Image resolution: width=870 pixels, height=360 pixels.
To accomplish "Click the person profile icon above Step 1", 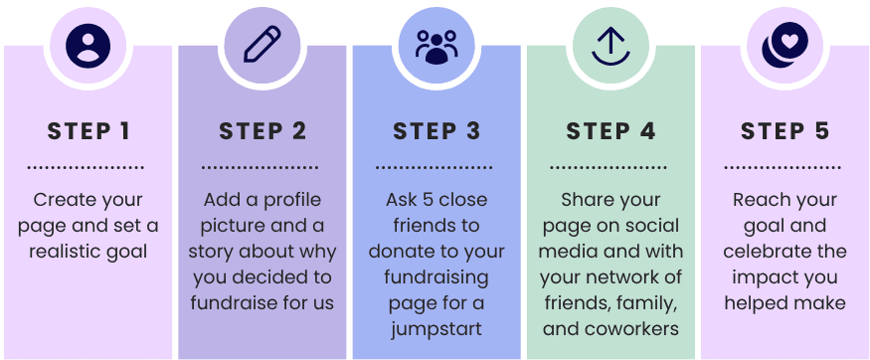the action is coord(87,46).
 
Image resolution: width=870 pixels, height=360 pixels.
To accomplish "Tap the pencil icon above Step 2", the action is coord(261,44).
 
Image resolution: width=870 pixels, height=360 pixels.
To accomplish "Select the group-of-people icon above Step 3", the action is coord(436,47).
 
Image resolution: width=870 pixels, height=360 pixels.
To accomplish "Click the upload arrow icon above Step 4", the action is coord(610,47).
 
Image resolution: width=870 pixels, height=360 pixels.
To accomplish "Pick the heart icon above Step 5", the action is coord(784,45).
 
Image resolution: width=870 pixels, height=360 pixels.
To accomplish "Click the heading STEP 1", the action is coord(87,131).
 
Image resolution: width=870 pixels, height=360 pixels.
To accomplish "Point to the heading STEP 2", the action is coord(261,131).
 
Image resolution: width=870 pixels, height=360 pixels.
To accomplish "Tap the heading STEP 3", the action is coord(436,131).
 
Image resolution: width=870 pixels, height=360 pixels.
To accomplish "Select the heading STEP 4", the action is coord(610,131).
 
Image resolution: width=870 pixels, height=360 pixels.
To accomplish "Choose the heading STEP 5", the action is coord(784,131).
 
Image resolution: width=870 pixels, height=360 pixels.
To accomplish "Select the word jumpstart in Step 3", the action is coord(436,329).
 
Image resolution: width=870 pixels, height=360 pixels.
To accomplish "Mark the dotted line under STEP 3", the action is coord(434,166).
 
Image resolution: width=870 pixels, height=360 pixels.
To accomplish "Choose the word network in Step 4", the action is coord(626,277).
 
